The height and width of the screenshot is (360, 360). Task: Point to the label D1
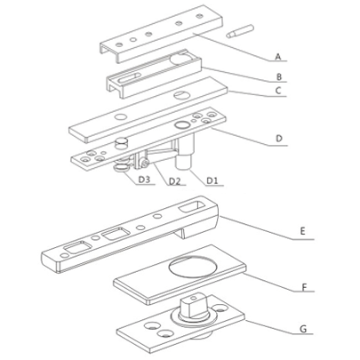(x=213, y=180)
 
